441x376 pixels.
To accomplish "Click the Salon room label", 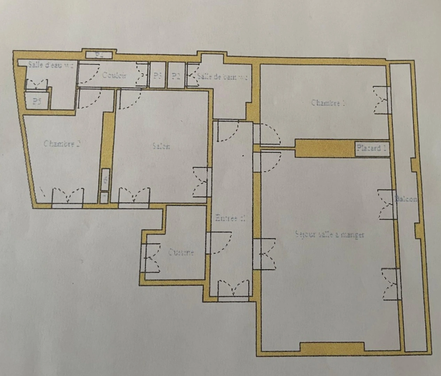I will click(x=161, y=146).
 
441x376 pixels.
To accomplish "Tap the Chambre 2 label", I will click(x=62, y=143).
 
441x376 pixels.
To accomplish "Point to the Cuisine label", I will click(x=181, y=252).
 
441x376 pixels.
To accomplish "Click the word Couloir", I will click(x=114, y=75).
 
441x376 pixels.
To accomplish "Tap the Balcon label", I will click(x=406, y=199).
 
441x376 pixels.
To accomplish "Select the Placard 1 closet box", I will click(x=371, y=148).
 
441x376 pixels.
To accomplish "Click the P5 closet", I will click(x=37, y=101).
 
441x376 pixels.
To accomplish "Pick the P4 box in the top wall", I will click(x=99, y=55).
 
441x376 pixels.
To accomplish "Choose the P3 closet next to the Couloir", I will click(x=158, y=76).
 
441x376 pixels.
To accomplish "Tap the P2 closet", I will click(x=176, y=76).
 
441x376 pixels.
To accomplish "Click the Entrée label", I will click(x=230, y=218).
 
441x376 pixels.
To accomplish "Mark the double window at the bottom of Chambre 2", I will click(x=68, y=197).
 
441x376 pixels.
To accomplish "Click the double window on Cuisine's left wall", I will click(x=150, y=258).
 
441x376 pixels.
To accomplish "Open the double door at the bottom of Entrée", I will click(x=234, y=289).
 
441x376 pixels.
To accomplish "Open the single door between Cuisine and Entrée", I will click(x=218, y=243).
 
